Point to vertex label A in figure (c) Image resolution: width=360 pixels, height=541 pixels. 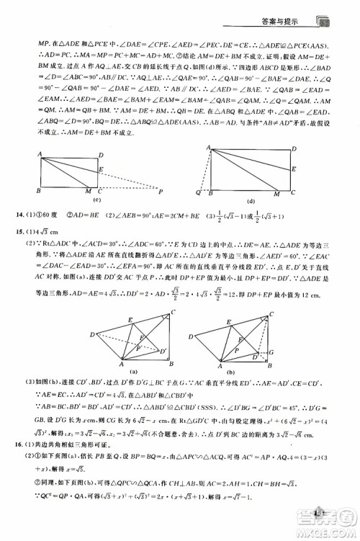[x=37, y=153]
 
